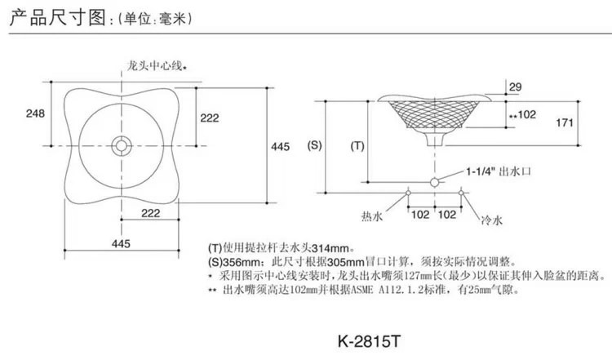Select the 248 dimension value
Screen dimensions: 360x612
click(33, 113)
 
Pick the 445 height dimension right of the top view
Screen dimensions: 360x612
click(280, 147)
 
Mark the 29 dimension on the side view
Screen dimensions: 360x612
click(514, 87)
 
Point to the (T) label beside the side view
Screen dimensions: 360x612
click(357, 147)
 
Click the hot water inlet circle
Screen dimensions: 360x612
click(408, 193)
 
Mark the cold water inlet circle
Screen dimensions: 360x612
click(462, 193)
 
